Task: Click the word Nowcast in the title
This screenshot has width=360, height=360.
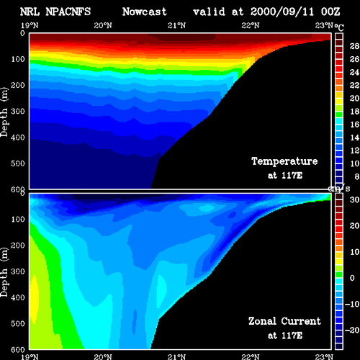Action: point(145,12)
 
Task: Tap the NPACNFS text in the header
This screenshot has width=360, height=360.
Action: point(68,12)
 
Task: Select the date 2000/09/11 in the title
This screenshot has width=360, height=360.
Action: point(282,12)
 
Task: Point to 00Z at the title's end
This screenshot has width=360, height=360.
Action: point(330,12)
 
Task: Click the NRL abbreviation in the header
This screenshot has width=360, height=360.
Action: point(30,12)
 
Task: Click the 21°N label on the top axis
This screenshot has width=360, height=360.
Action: point(176,25)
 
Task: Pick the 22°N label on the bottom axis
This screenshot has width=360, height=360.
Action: point(251,356)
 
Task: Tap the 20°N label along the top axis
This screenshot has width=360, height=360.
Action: point(103,25)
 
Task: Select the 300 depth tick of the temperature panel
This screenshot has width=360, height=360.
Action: point(18,112)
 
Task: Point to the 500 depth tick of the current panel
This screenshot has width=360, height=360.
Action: point(18,323)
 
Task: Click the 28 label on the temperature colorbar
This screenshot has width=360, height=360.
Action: point(354,46)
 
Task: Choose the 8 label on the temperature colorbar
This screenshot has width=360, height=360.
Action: point(357,176)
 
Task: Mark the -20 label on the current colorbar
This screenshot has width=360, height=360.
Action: point(352,330)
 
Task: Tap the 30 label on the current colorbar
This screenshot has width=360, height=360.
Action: point(354,199)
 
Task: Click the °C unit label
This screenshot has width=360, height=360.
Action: point(339,27)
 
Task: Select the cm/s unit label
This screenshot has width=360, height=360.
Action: point(339,189)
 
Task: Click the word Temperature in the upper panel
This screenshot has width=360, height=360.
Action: point(284,161)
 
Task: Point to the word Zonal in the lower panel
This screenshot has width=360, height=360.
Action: point(262,321)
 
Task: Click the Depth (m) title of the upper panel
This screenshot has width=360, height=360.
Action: point(4,112)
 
